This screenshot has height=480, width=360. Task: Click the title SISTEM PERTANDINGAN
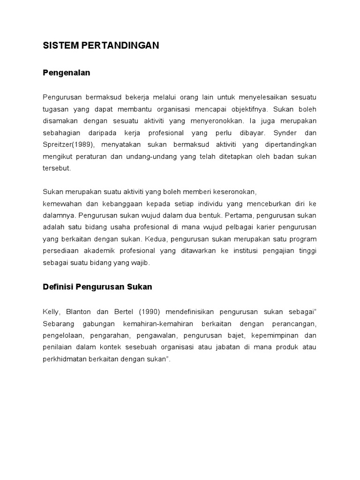click(101, 45)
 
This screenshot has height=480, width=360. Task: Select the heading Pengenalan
click(66, 73)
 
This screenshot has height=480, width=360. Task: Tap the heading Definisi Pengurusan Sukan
click(97, 287)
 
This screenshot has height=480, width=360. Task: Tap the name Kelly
click(51, 312)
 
